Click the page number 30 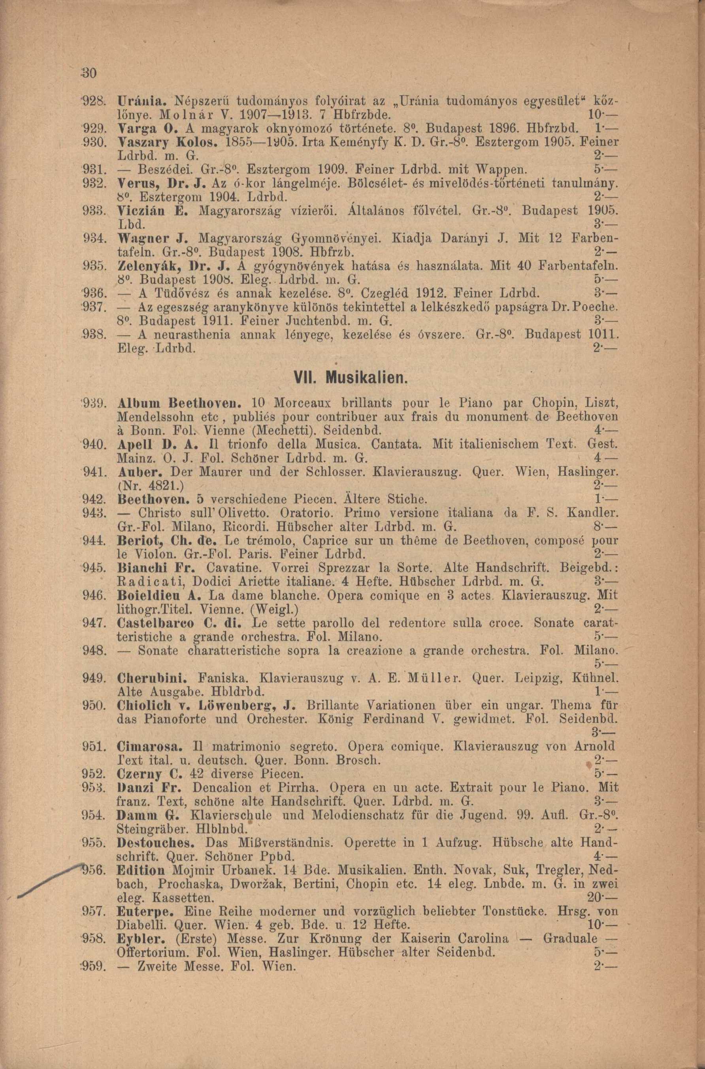(84, 73)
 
